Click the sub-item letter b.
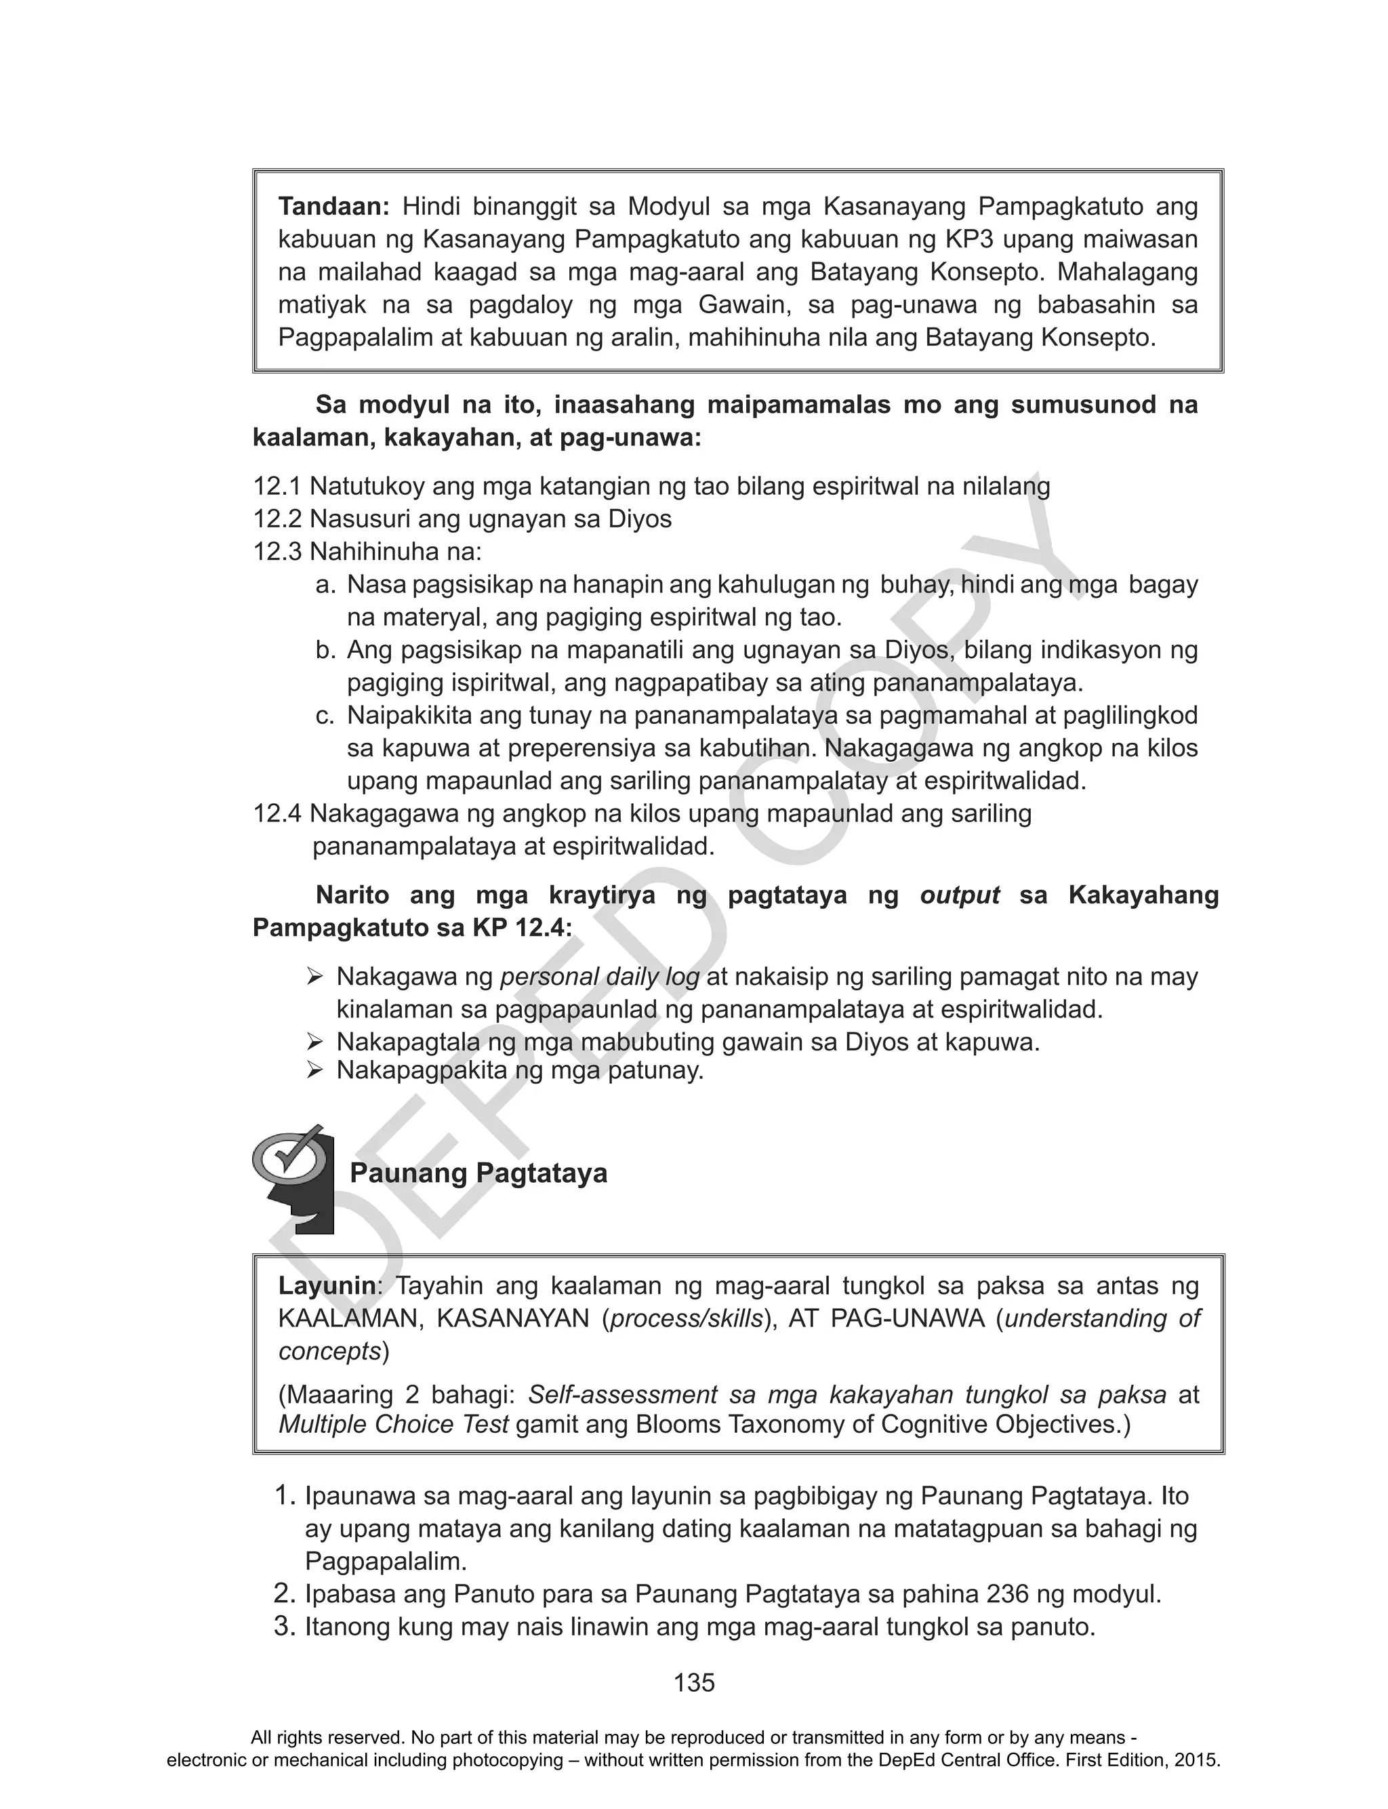coord(325,650)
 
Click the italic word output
coord(959,895)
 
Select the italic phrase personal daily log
coord(600,977)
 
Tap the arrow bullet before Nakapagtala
coord(314,1042)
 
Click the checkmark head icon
coord(295,1178)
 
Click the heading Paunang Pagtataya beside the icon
coord(478,1173)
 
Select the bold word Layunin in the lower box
coord(327,1286)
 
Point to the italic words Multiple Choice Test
coord(393,1424)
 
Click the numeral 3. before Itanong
coord(284,1627)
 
